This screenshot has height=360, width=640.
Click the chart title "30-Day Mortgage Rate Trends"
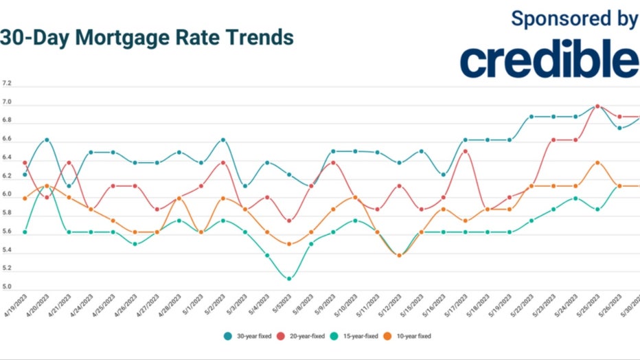click(147, 37)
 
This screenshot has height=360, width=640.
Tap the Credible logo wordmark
click(549, 61)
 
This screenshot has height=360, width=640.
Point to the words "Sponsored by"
click(574, 19)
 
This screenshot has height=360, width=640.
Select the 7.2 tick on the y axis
click(7, 83)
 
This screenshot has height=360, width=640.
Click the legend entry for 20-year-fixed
click(304, 336)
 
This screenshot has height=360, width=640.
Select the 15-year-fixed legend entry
click(359, 336)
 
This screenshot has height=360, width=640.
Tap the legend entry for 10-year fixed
click(413, 336)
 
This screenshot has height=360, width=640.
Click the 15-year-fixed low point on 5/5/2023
click(289, 278)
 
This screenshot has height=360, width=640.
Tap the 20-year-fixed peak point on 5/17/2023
click(466, 151)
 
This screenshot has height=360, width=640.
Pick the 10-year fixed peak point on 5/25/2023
click(597, 163)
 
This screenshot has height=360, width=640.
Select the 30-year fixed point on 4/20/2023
click(47, 139)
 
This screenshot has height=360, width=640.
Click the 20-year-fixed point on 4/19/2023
click(25, 163)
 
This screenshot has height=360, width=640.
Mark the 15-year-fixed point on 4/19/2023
click(25, 232)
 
